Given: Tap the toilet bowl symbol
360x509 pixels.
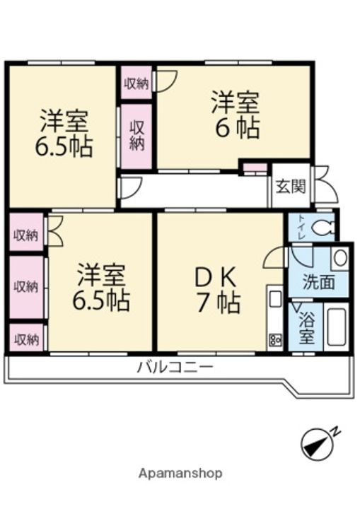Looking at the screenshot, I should pos(323,228).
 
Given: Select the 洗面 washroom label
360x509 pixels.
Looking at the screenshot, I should pos(318,282).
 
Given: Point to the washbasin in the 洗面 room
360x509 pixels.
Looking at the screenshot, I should pos(339,257).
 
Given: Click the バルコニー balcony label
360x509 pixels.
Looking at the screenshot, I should pos(175,368).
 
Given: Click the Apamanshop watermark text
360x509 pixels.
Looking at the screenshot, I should pos(180,473).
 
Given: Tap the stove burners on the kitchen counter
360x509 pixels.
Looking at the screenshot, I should pos(274,340).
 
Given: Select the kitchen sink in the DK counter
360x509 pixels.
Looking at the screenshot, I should pos(274,300).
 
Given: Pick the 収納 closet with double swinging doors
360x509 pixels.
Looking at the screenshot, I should pos(26,235).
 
